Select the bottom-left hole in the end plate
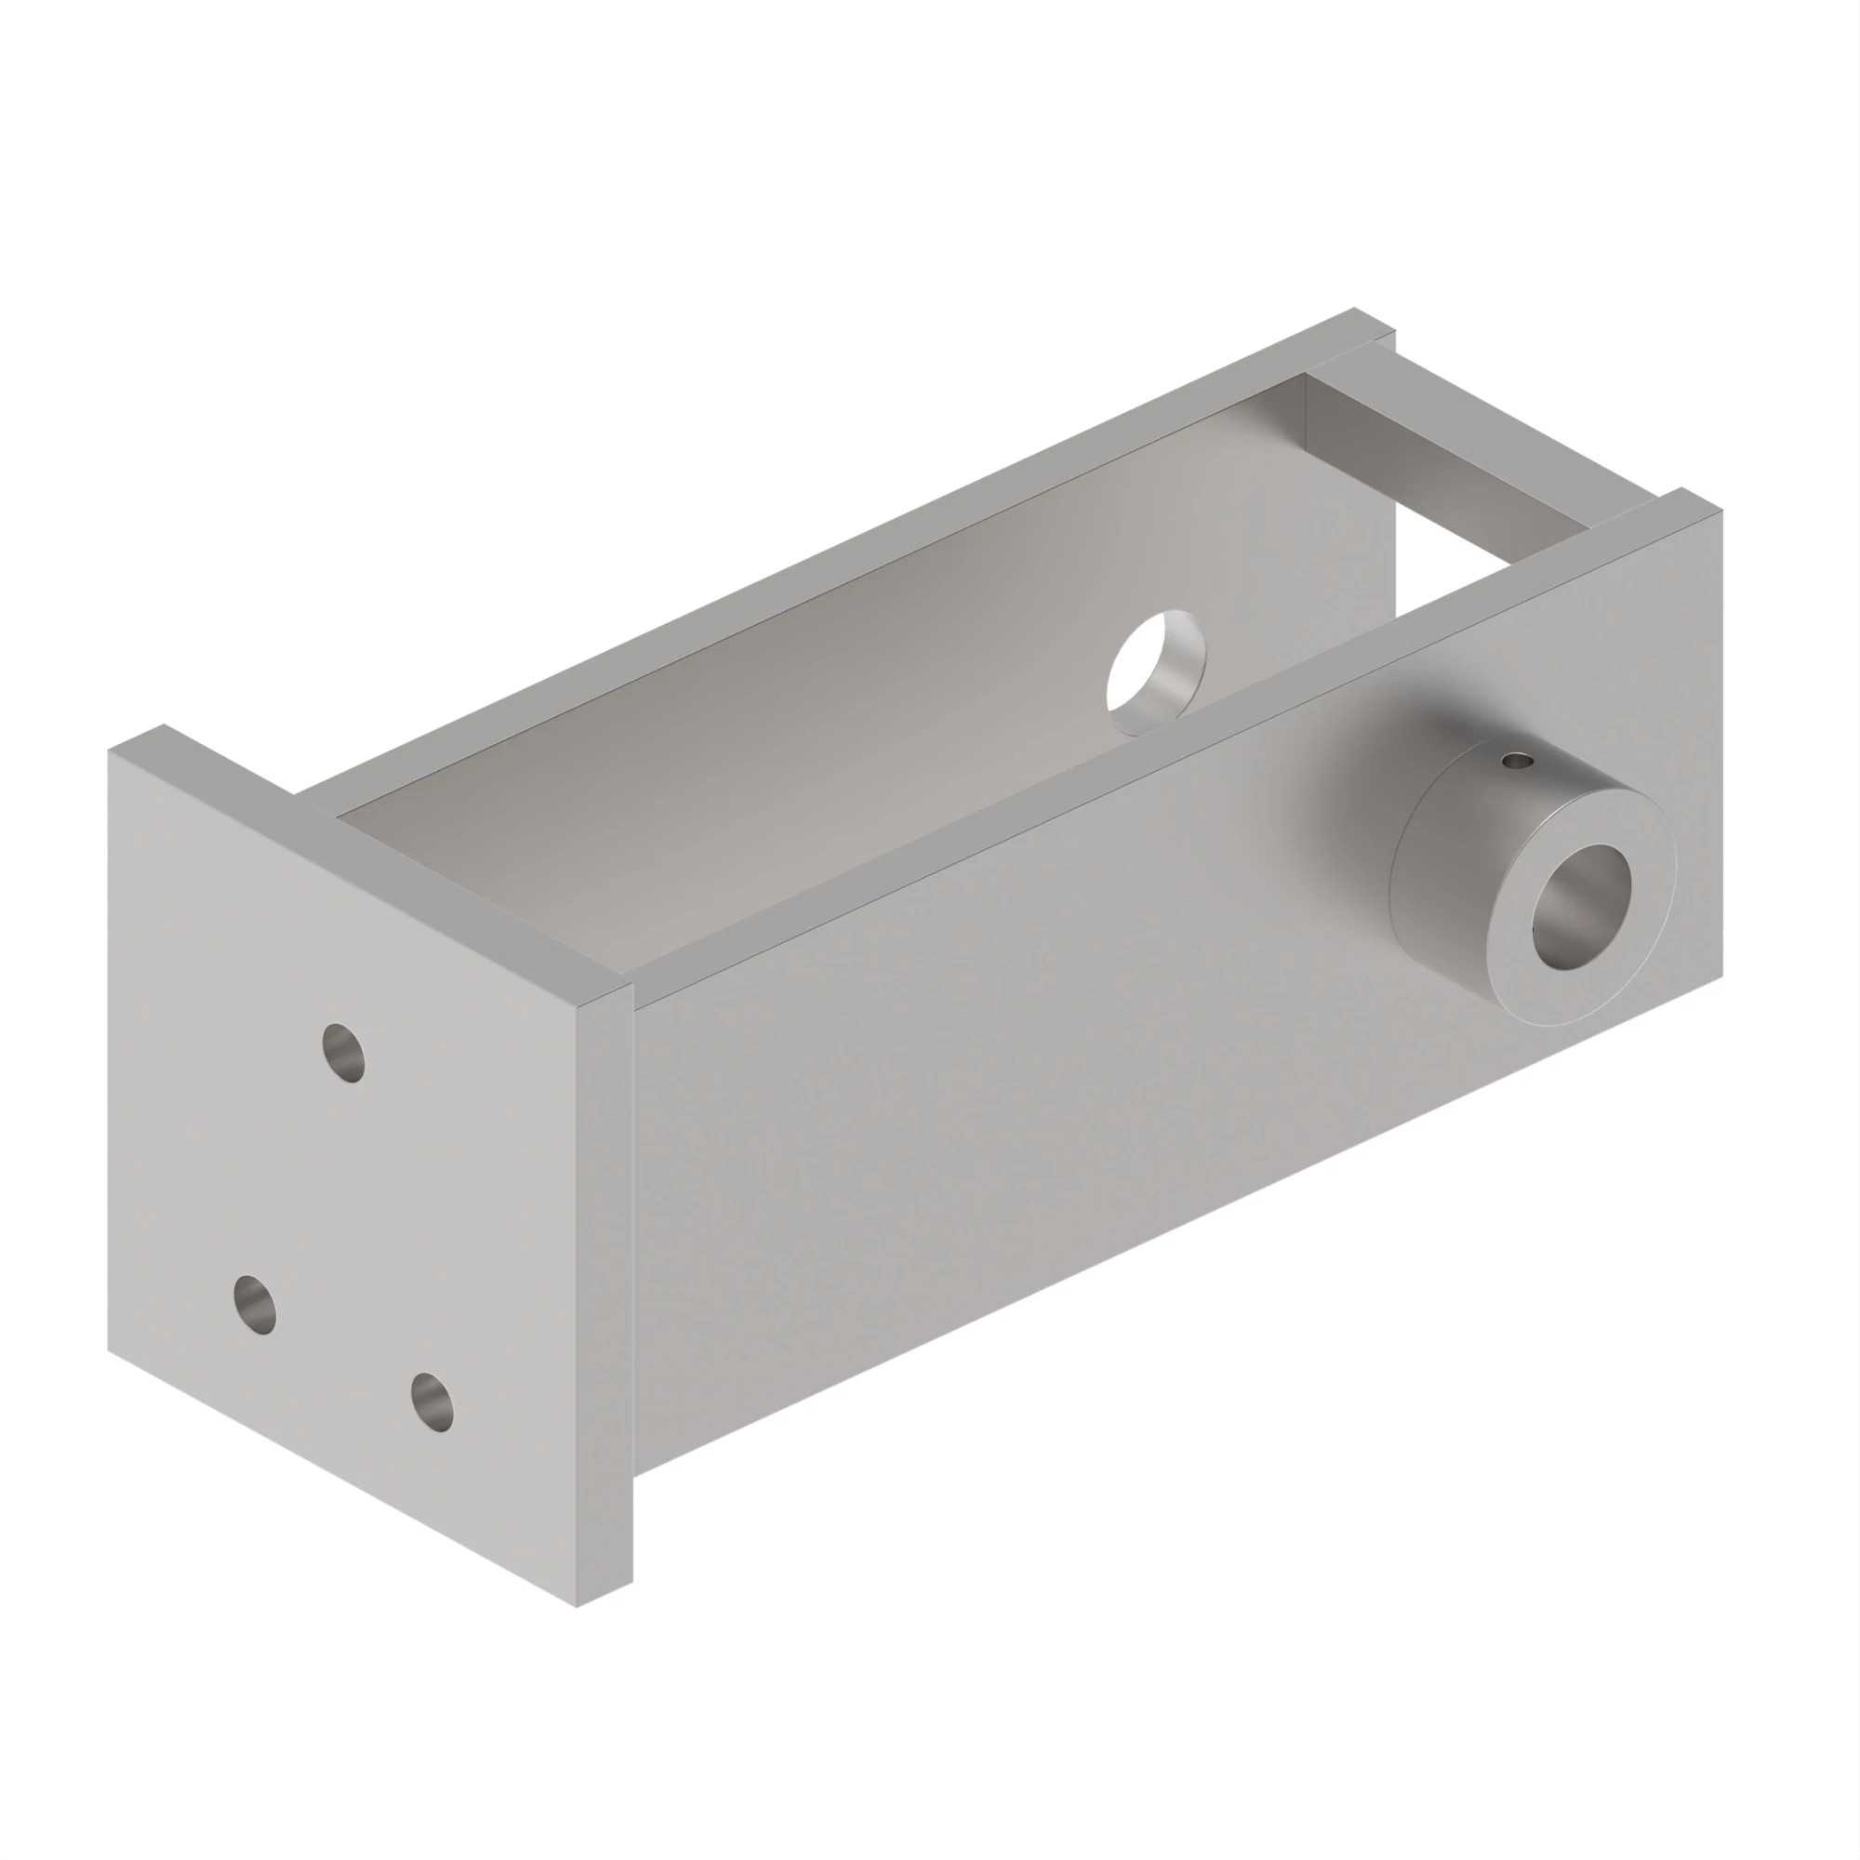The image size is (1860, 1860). point(255,1305)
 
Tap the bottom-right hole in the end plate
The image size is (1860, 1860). point(432,1401)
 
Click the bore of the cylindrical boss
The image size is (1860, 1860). point(1581,906)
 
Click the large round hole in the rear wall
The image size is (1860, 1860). point(1155,672)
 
